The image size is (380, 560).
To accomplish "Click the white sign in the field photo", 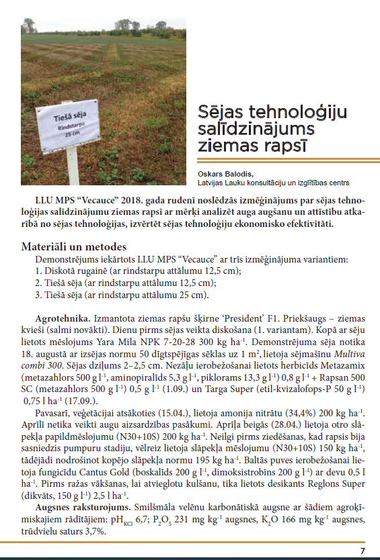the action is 75,127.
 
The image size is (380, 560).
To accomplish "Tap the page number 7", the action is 363,551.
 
